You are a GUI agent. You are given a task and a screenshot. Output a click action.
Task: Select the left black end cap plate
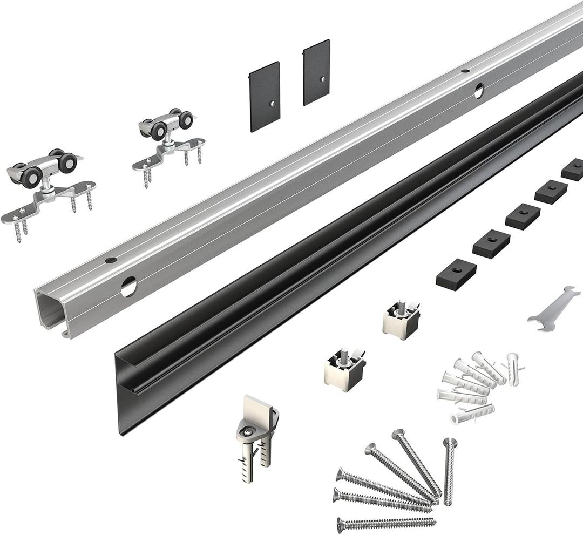point(265,96)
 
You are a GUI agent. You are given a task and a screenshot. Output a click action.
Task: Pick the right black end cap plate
point(316,72)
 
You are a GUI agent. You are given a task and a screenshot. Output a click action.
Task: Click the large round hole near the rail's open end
point(128,286)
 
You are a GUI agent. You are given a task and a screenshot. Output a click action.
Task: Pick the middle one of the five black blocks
point(523,216)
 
